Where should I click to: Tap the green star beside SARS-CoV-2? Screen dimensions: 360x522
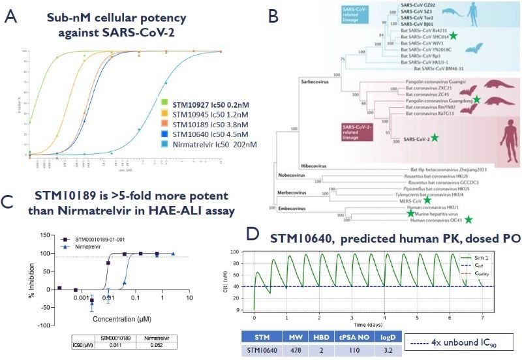pos(434,138)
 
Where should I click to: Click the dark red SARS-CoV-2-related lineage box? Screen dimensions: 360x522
pos(352,130)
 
